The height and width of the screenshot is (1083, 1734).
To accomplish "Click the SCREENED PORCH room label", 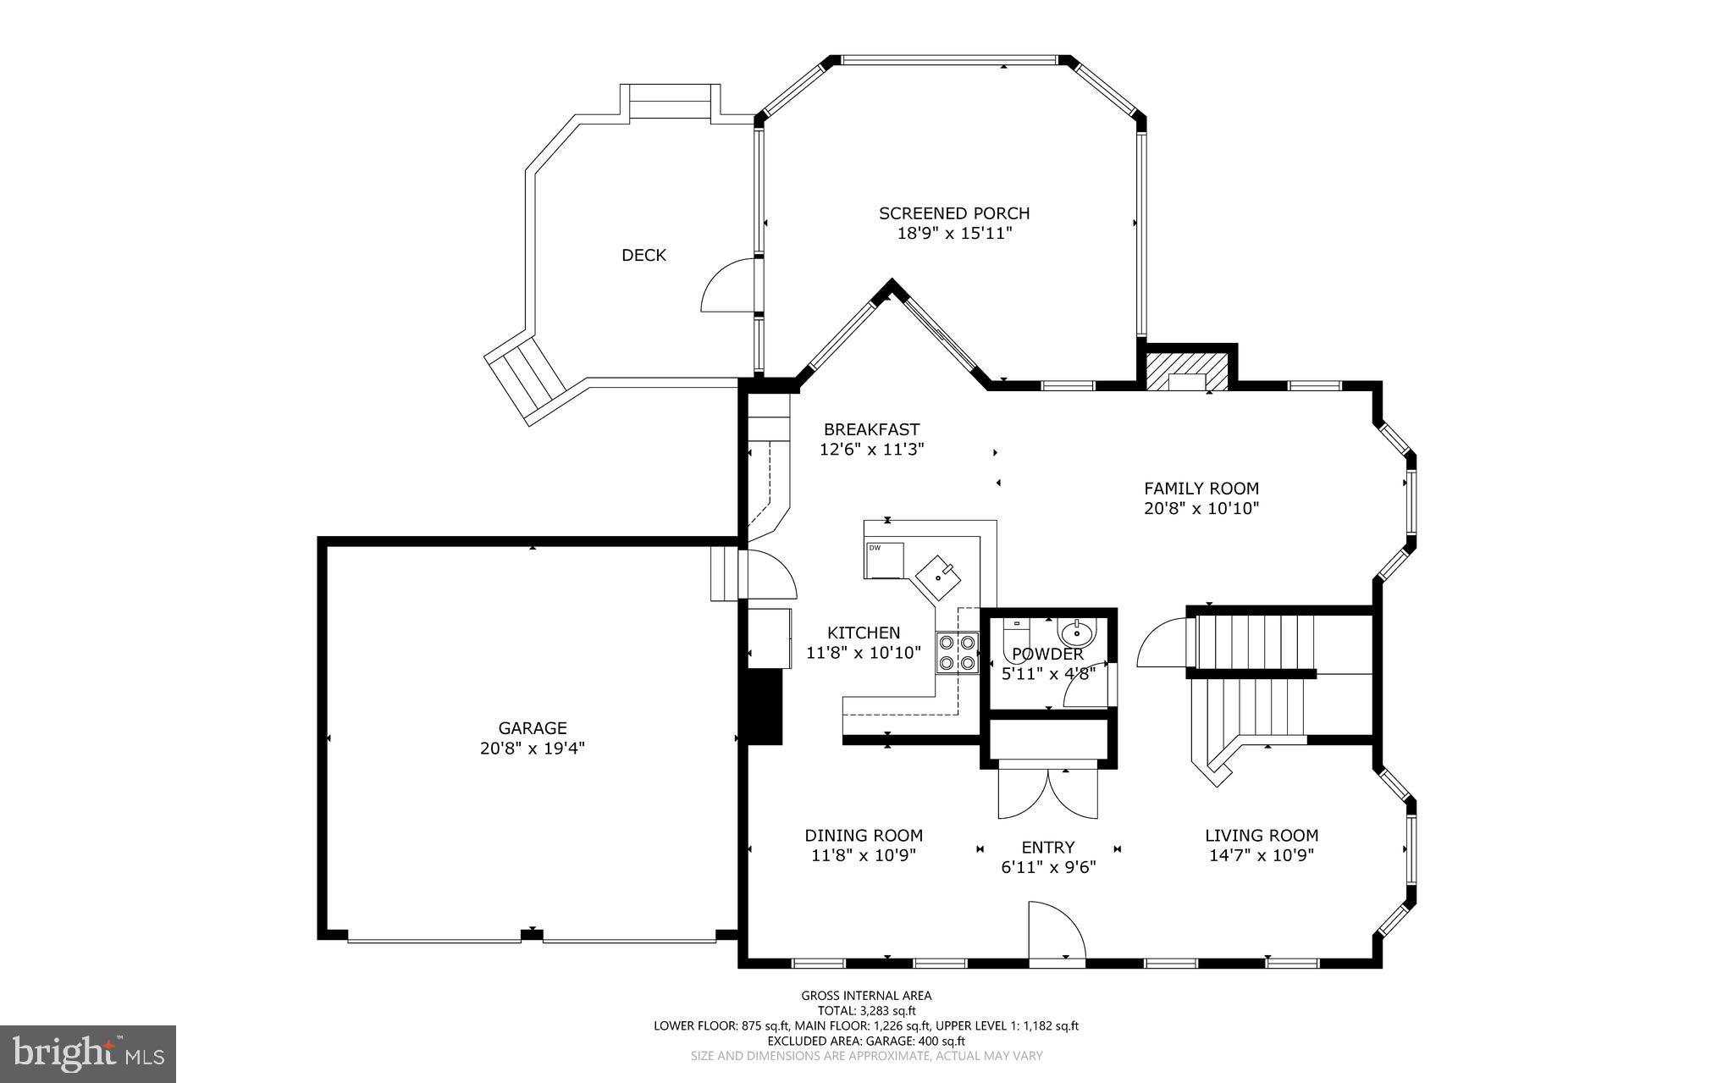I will click(954, 213).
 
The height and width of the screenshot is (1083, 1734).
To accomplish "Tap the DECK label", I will click(643, 255).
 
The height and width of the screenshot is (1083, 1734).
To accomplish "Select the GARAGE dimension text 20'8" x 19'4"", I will click(532, 749).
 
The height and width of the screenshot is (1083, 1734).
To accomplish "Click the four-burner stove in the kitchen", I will click(956, 653).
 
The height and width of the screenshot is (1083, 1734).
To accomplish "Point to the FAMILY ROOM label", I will click(1201, 489).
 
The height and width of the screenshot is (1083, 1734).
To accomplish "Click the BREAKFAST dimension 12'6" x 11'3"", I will click(871, 450).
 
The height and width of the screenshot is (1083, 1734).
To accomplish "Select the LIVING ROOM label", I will click(1262, 836).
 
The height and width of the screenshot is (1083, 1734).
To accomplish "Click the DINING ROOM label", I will click(864, 836).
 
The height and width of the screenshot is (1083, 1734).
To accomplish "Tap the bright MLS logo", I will click(87, 1053).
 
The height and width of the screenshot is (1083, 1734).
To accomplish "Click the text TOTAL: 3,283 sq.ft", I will click(866, 1010).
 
